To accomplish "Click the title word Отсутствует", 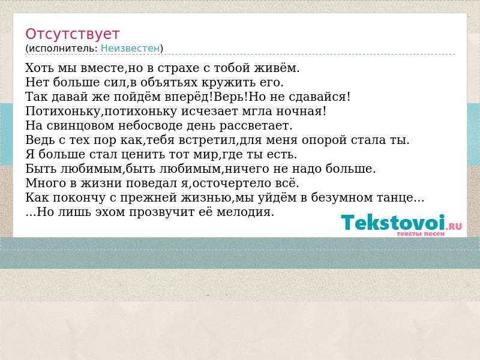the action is click(x=72, y=34).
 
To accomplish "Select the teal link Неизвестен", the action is click(x=130, y=49).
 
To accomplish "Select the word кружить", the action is click(x=224, y=82).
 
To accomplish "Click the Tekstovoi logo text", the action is click(x=393, y=223).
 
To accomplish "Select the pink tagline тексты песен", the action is click(x=421, y=234).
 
